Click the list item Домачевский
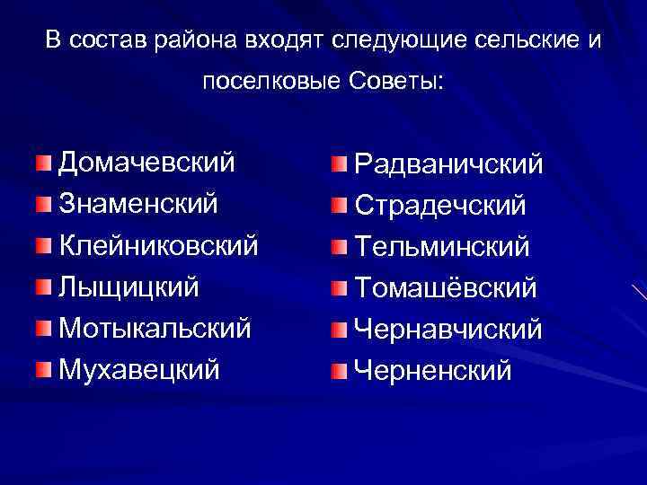click(146, 163)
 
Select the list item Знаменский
click(137, 204)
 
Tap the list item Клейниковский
click(158, 245)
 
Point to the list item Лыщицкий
click(129, 287)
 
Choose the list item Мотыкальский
click(155, 328)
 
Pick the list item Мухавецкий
click(138, 369)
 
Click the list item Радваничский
click(448, 164)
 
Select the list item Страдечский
click(440, 206)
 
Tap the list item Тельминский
click(442, 247)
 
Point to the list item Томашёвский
click(446, 288)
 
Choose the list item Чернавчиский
click(448, 330)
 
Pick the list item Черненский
click(433, 370)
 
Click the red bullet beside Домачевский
click(44, 163)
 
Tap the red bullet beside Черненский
click(338, 370)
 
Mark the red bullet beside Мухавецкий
click(44, 369)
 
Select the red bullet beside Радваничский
click(338, 164)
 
